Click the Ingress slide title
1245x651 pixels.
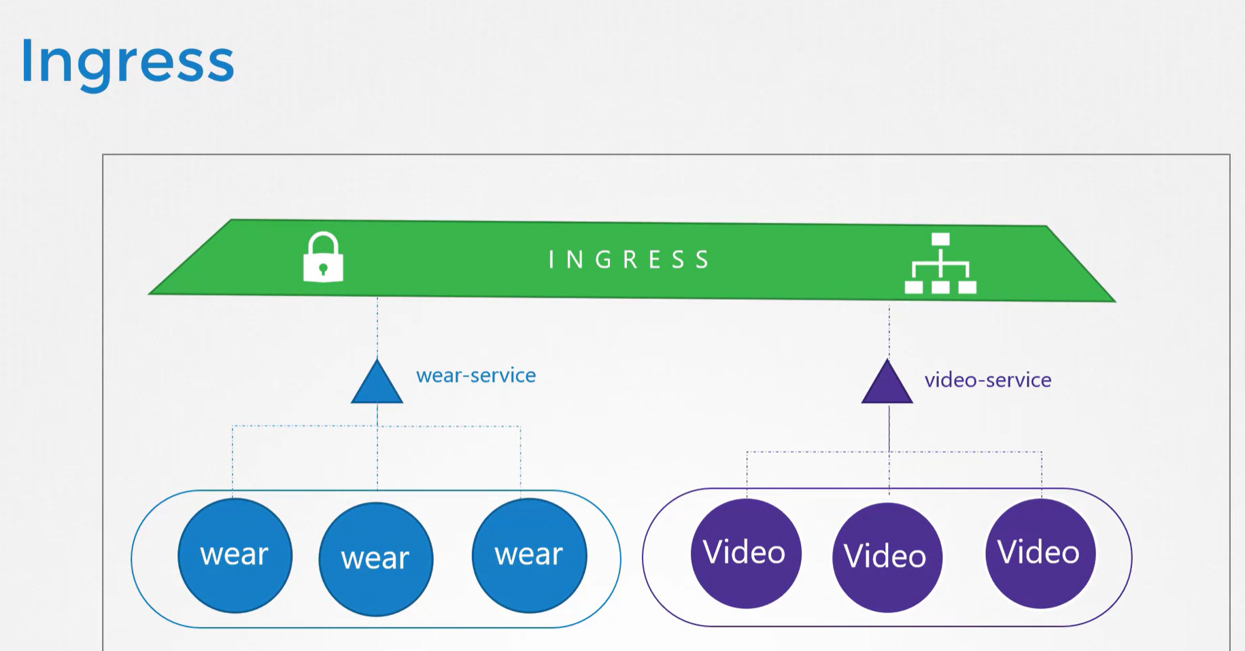[x=127, y=62]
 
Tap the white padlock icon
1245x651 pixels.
[x=323, y=258]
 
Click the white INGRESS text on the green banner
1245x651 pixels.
[x=629, y=260]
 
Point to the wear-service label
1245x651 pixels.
[x=476, y=376]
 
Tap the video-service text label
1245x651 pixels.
[x=987, y=380]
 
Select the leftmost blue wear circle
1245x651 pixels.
[x=235, y=555]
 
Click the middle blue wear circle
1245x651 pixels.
[x=375, y=559]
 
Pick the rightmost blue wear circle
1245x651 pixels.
[x=529, y=555]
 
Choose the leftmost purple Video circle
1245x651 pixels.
[x=746, y=553]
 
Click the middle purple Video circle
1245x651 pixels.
[x=887, y=557]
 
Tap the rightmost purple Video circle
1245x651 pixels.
[x=1040, y=553]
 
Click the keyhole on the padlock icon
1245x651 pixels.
[x=323, y=269]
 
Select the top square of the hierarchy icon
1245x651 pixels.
[x=940, y=239]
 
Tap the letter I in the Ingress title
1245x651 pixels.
[x=27, y=62]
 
